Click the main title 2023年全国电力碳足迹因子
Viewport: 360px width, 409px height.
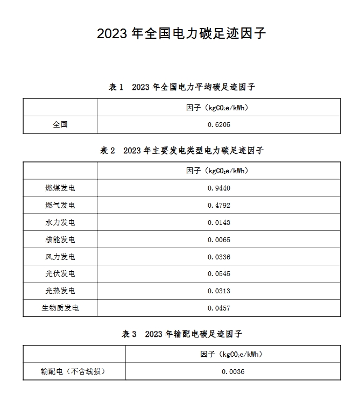[181, 33]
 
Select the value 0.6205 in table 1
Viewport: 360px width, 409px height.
[218, 125]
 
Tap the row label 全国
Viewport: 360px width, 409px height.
[60, 125]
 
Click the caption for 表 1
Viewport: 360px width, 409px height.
[181, 87]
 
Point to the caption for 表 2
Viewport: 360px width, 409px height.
[181, 151]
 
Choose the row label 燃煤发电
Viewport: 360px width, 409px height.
[60, 188]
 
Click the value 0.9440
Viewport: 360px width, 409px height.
[218, 188]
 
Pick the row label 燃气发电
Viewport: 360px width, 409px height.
[60, 205]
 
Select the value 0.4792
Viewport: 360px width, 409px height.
[218, 205]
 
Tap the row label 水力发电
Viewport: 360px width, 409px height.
[60, 222]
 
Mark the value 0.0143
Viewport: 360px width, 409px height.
[218, 222]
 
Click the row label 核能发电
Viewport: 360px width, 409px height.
[60, 239]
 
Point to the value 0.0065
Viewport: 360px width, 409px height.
[218, 239]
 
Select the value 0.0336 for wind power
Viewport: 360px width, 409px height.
[218, 257]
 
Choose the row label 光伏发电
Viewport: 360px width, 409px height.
[60, 274]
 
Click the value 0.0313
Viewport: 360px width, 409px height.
[218, 291]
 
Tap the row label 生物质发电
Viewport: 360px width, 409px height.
[60, 308]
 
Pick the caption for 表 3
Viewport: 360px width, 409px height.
[181, 334]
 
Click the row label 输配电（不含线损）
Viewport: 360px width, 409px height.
[73, 371]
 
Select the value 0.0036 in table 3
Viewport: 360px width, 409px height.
[232, 371]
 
